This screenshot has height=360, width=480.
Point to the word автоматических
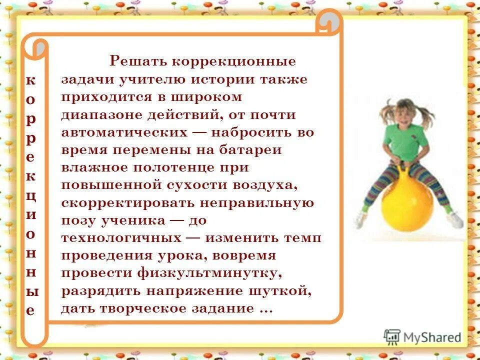123,132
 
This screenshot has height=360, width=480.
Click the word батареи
253,150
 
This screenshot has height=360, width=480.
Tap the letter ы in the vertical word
30,290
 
